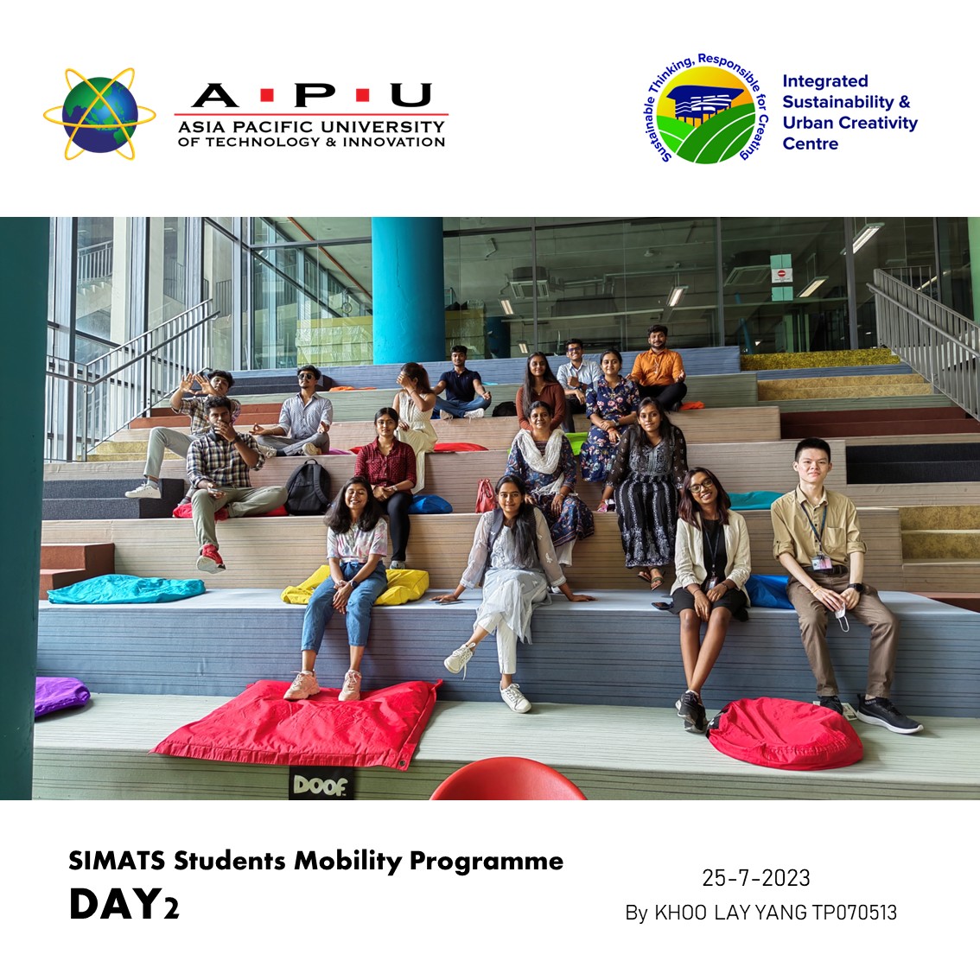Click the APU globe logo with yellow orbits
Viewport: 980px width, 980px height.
click(99, 114)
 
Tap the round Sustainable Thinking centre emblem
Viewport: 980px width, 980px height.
click(706, 109)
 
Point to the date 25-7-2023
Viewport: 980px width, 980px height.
click(755, 878)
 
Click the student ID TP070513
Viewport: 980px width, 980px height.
click(854, 913)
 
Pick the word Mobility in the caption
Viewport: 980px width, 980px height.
click(347, 862)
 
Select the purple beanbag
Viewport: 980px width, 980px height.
click(60, 695)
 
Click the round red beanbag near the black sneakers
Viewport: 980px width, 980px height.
click(786, 733)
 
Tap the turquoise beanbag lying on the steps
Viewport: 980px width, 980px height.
click(126, 589)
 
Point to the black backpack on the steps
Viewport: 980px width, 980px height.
click(309, 488)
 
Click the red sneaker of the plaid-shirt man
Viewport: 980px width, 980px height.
click(210, 558)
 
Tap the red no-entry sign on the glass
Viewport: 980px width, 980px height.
click(781, 274)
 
